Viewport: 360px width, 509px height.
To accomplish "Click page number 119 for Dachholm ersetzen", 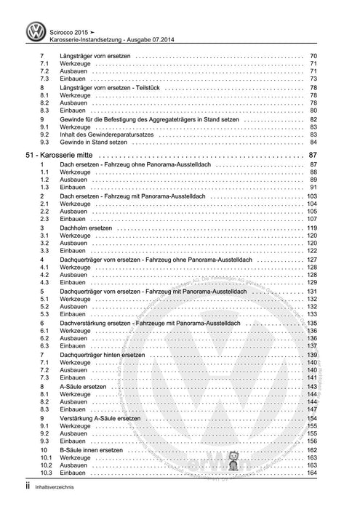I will point(312,228).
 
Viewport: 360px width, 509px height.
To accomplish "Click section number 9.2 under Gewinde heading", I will point(44,135).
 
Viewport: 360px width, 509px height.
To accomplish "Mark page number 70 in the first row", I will point(313,57).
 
